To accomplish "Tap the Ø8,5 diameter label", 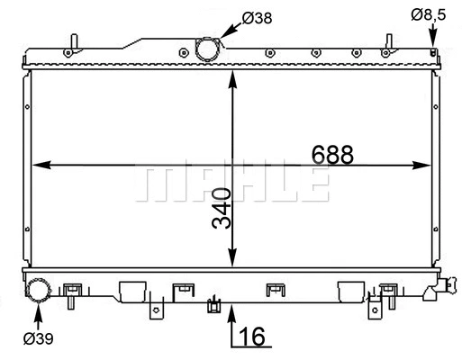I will click(x=428, y=14).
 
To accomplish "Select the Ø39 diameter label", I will click(x=38, y=338).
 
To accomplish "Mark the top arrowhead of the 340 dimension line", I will click(x=233, y=76).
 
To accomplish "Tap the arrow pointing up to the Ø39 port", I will click(x=39, y=313).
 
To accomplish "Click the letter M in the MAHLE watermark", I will click(x=155, y=184).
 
